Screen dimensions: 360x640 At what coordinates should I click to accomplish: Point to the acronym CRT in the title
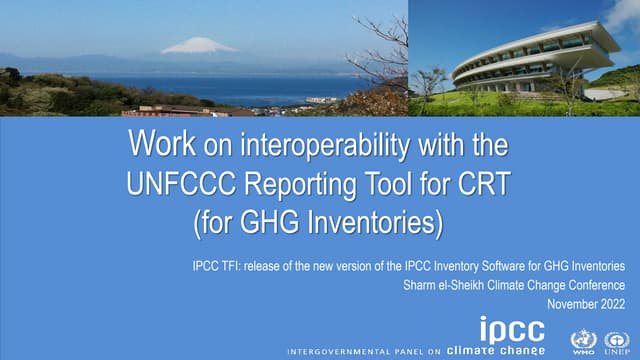point(487,185)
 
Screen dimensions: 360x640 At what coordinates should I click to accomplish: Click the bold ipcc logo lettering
point(513,330)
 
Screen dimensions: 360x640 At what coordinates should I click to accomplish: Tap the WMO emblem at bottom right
point(583,340)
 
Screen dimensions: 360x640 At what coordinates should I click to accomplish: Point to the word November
point(570,301)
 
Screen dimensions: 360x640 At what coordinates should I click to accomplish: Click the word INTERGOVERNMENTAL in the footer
point(336,351)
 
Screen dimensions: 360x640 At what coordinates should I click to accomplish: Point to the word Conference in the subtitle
point(596,283)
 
